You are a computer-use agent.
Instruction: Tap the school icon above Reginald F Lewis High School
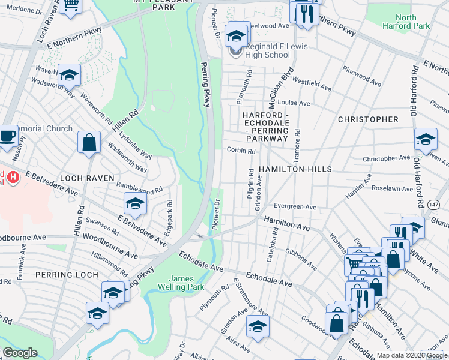237,35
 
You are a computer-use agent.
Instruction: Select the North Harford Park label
406,22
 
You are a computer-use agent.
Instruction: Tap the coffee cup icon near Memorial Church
8,134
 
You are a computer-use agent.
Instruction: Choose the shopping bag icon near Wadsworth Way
89,143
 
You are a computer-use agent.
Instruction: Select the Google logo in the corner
20,353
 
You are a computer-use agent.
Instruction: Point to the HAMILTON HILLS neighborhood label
295,170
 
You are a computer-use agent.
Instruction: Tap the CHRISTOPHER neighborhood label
368,119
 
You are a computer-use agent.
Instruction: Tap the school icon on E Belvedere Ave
135,204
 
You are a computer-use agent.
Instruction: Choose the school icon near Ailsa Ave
258,326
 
